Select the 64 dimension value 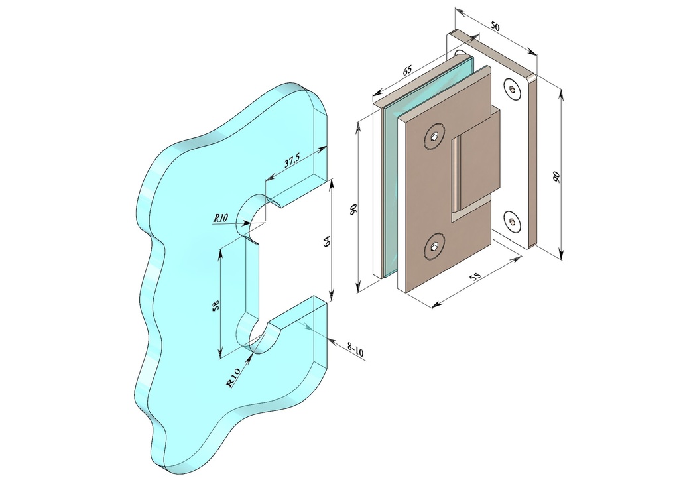[x=327, y=241]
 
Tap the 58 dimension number [x=217, y=304]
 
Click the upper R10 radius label [x=220, y=218]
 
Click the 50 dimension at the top [x=495, y=27]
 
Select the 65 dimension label [x=407, y=70]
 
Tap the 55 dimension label [x=475, y=277]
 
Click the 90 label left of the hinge [x=353, y=210]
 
